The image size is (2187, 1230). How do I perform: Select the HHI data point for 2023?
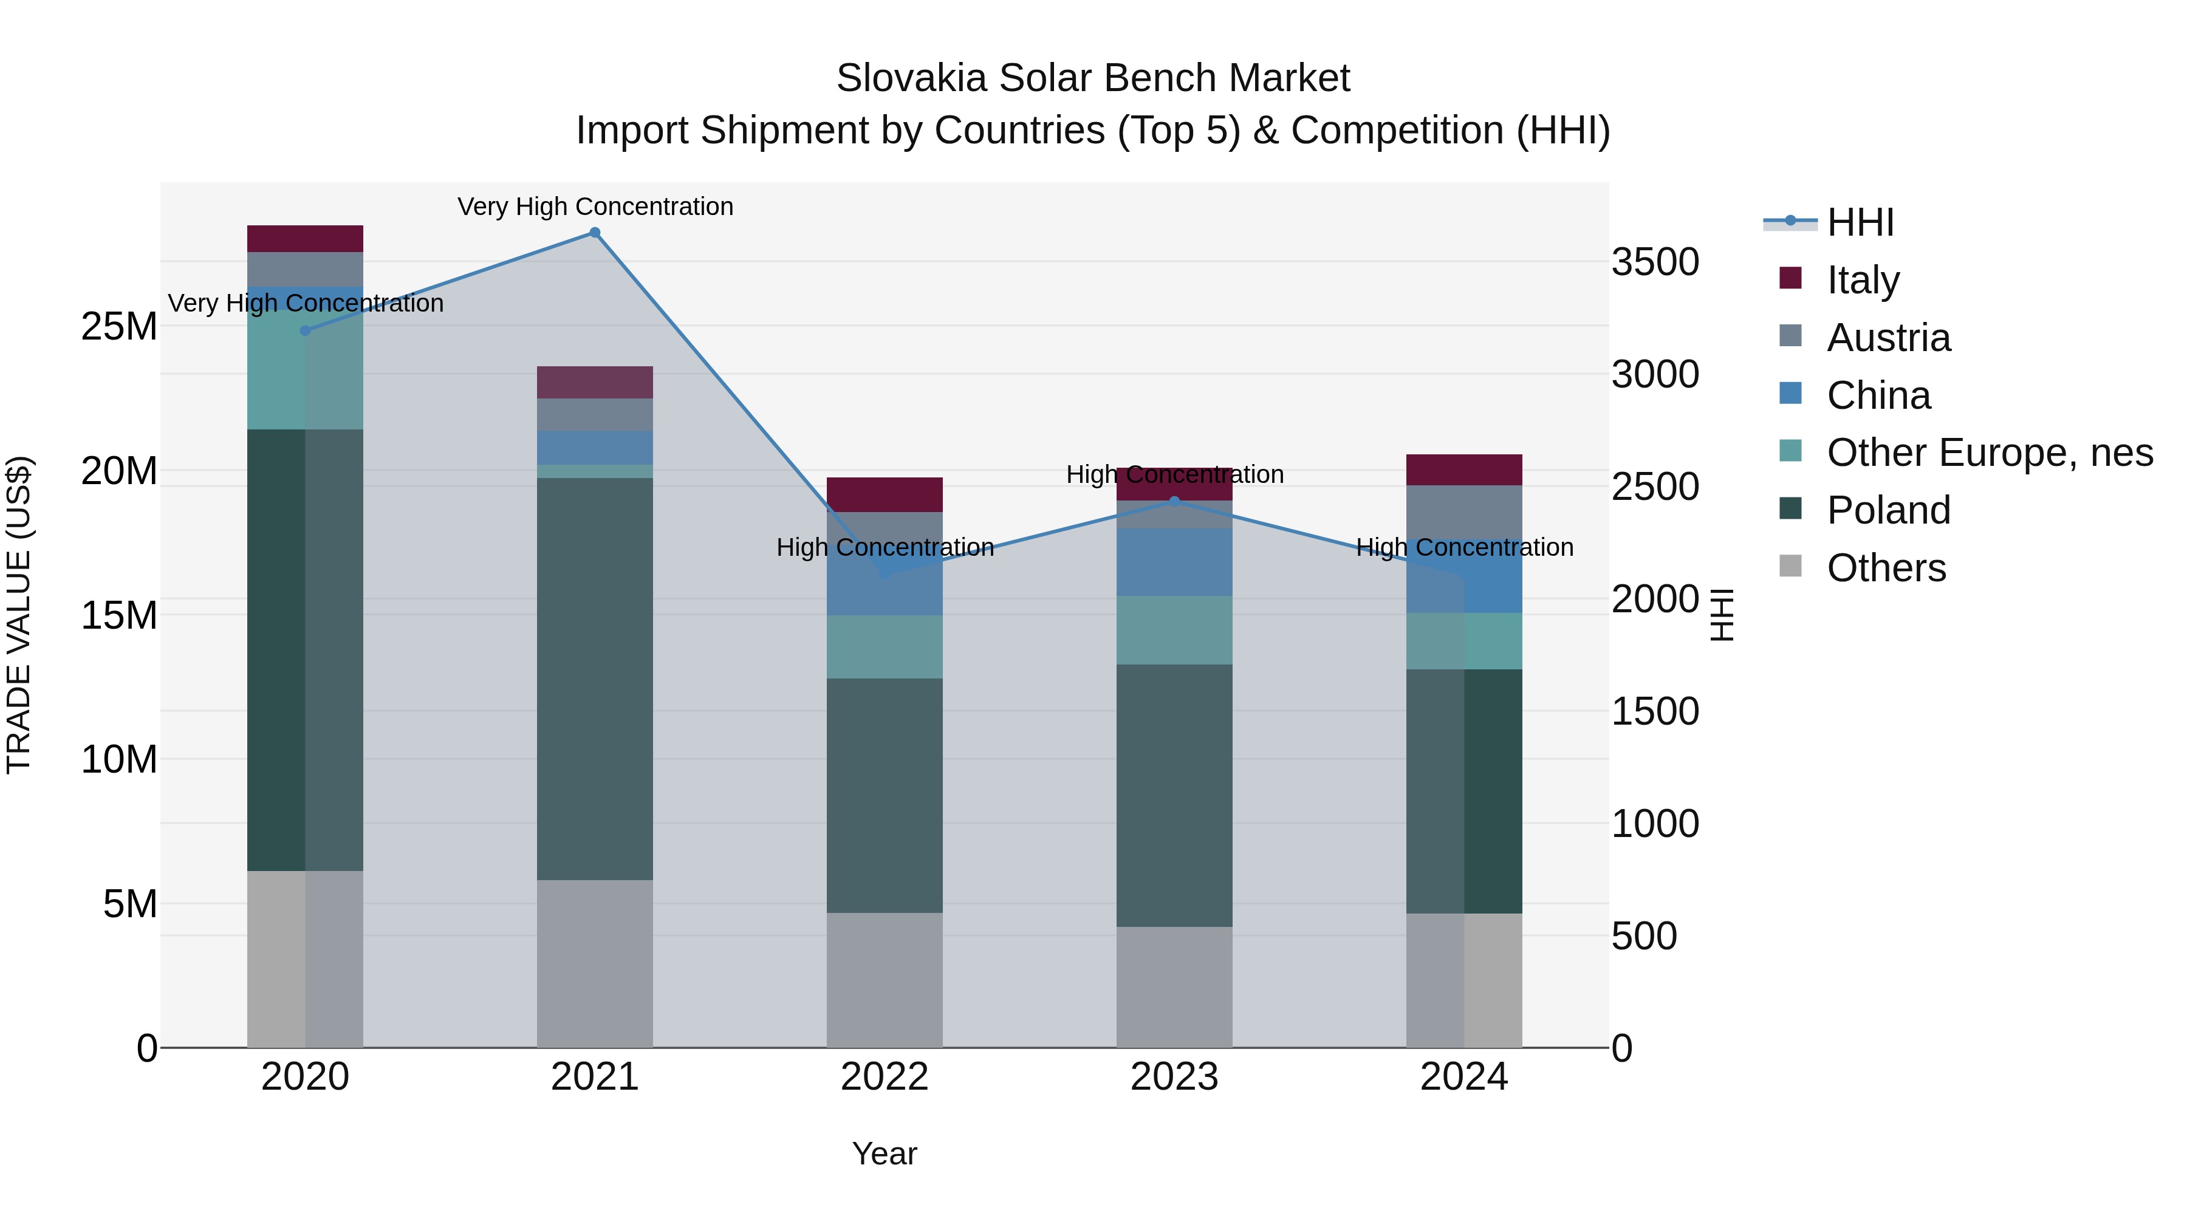[x=1174, y=502]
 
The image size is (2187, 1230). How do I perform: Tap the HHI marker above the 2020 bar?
[x=306, y=330]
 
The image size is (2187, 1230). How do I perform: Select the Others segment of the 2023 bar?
[x=1174, y=986]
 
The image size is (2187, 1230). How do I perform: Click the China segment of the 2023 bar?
[x=1174, y=562]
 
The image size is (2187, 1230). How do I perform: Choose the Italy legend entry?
[x=1863, y=280]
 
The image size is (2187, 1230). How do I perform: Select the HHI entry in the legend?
[x=1860, y=222]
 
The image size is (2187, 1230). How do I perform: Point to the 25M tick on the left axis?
[x=119, y=327]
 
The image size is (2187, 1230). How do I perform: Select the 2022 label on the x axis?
[x=885, y=1077]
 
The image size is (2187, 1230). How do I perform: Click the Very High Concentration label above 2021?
[x=595, y=207]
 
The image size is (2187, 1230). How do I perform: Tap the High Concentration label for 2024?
[x=1465, y=547]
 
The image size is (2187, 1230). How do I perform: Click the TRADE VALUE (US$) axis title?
[x=19, y=615]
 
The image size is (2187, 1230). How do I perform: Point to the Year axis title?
[x=885, y=1153]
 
